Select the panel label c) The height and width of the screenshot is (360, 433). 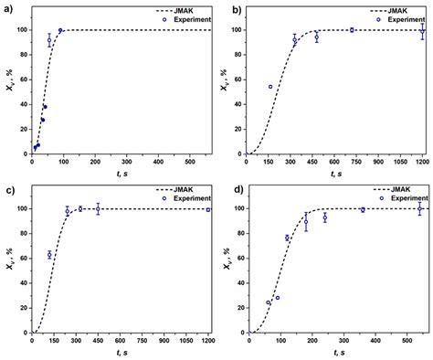6,189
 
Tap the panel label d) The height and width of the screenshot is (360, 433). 227,189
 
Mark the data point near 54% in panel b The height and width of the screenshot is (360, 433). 270,87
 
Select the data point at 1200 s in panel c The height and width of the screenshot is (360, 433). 208,210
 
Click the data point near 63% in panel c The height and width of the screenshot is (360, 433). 49,255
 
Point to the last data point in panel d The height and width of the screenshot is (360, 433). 420,209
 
